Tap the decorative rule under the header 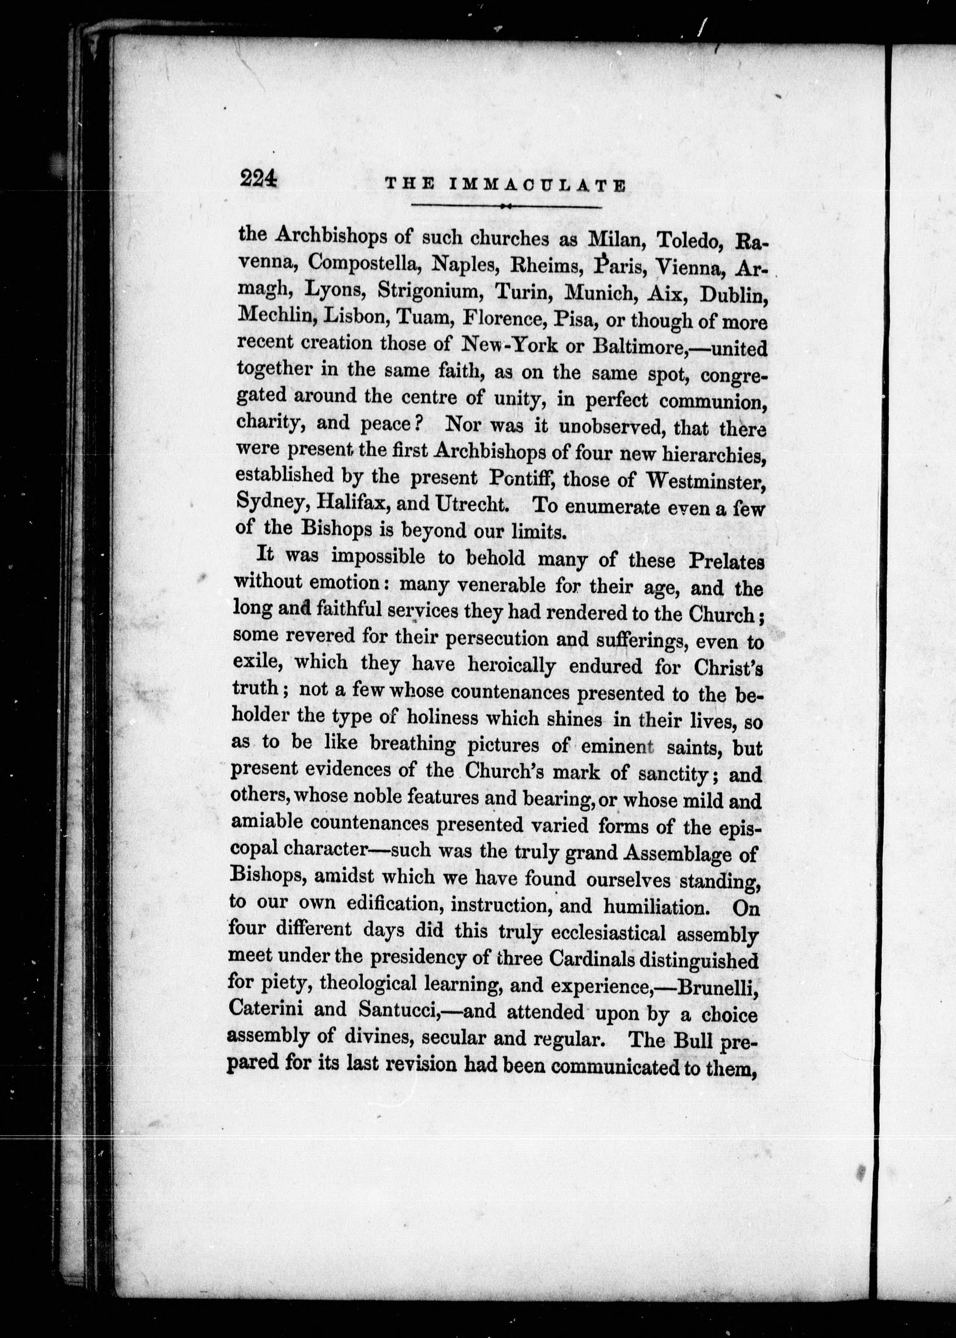coord(506,206)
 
